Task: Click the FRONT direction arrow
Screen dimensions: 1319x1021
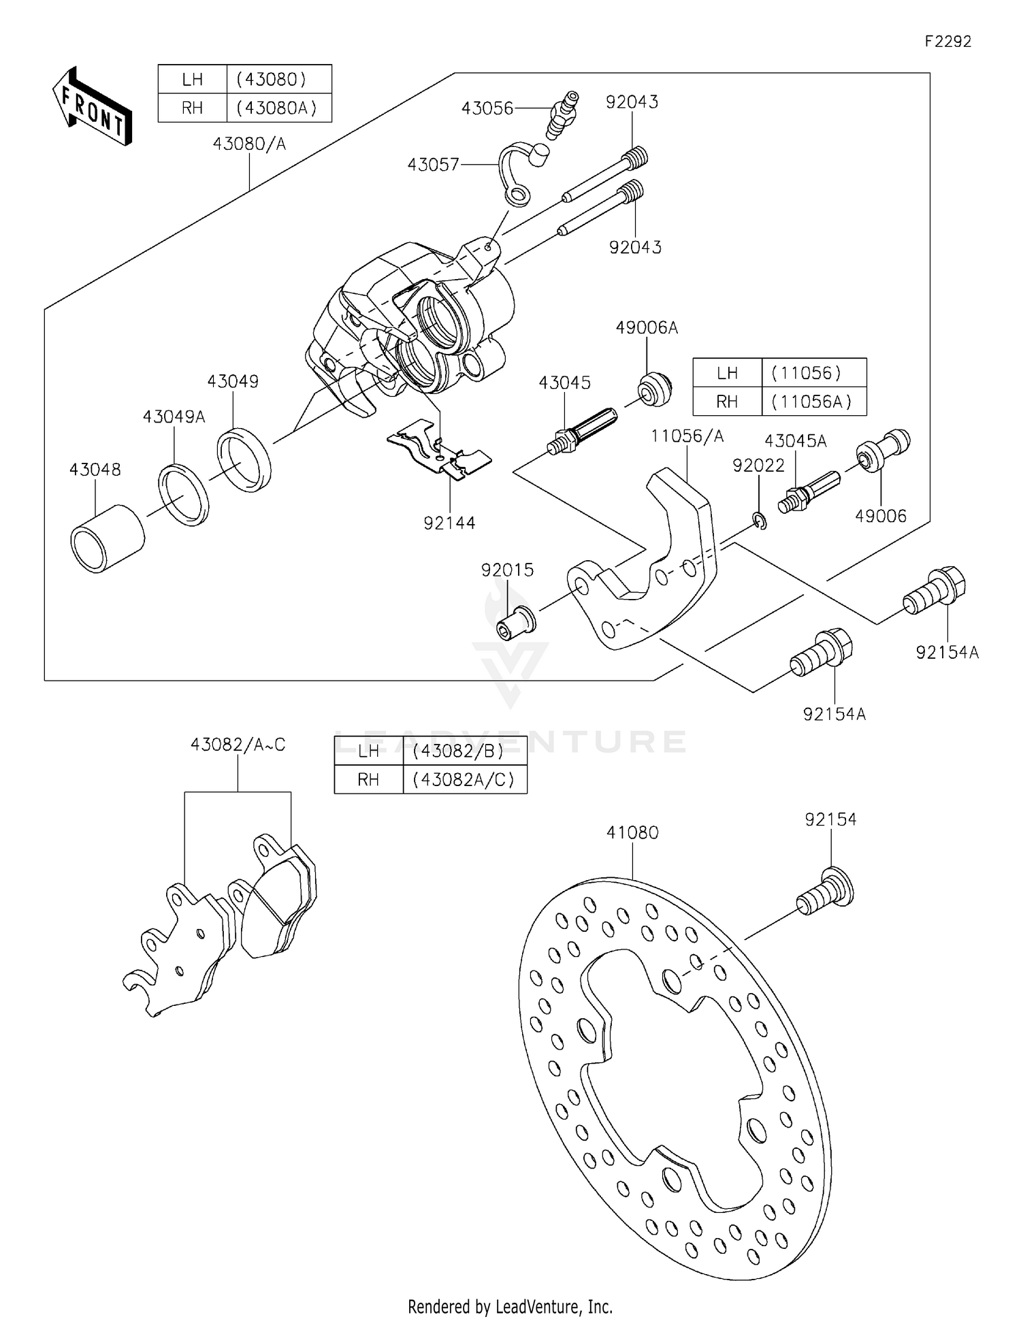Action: pos(92,106)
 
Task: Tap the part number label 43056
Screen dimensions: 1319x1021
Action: pos(487,109)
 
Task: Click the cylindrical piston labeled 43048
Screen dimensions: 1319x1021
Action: pos(108,539)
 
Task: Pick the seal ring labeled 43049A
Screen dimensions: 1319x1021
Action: pos(184,494)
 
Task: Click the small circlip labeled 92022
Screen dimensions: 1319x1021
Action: pos(761,522)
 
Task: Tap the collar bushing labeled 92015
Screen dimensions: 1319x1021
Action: pos(516,621)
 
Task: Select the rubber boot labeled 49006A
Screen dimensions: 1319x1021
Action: pos(655,390)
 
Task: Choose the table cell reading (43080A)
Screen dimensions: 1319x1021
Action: pos(278,108)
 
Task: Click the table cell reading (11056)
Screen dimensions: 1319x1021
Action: pos(813,373)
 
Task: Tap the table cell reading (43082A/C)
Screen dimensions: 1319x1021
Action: pos(464,780)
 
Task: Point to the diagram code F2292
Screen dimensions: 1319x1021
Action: pos(947,42)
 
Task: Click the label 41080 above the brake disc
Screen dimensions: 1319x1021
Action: pos(632,832)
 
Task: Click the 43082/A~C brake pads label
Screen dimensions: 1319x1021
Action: pos(238,745)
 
